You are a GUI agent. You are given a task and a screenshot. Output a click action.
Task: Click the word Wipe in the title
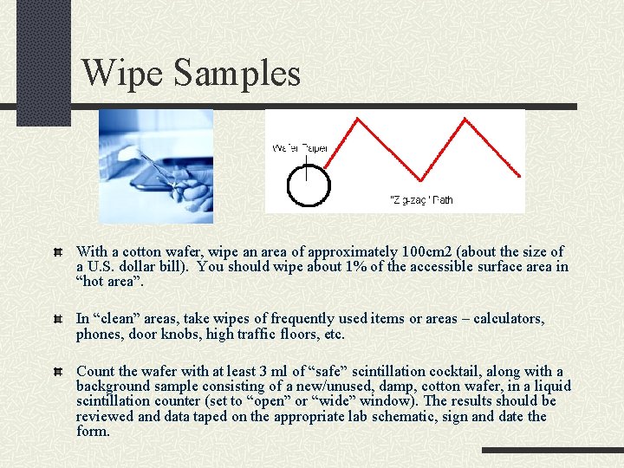coord(123,73)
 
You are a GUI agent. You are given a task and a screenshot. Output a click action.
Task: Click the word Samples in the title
coord(237,73)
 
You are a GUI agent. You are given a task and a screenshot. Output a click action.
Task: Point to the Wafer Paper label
coord(299,148)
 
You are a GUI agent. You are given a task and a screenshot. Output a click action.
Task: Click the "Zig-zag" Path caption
coord(422,200)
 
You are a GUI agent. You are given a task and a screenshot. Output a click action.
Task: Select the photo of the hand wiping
coord(156,166)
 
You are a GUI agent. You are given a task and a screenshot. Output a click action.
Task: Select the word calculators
coord(509,319)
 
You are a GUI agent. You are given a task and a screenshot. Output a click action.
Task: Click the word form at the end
coord(92,431)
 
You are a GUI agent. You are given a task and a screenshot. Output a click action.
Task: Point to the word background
coord(113,387)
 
